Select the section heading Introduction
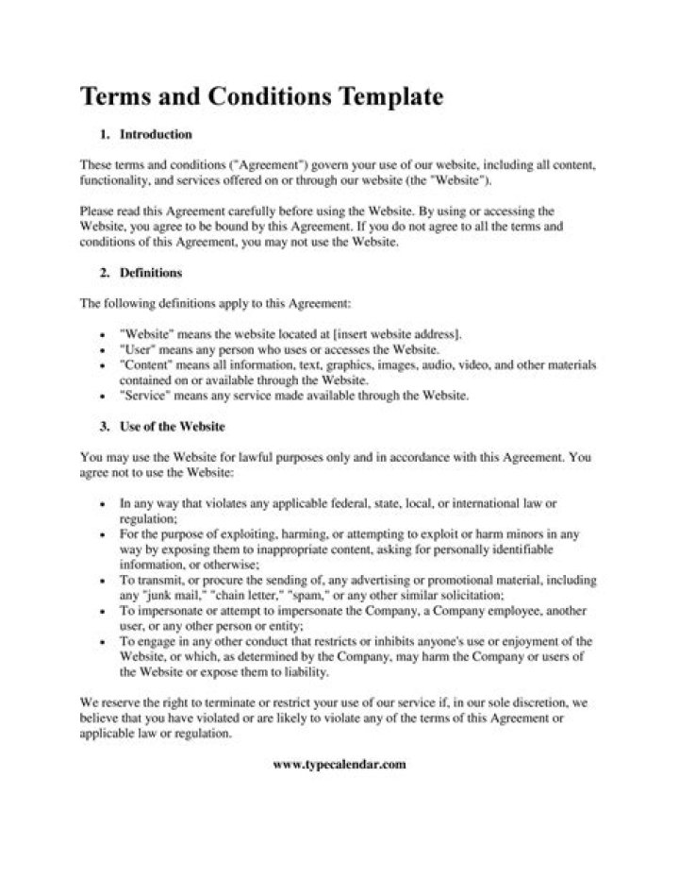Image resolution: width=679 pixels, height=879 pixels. tap(156, 134)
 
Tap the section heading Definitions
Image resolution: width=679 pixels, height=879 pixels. tap(151, 273)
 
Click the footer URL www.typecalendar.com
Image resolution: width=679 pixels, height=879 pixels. tap(339, 764)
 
